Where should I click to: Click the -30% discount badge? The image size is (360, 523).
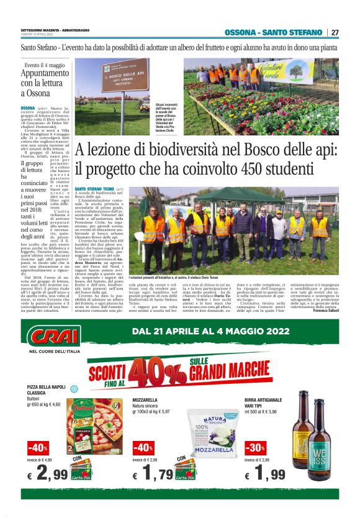point(254,447)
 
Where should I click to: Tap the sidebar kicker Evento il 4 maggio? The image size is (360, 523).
point(45,65)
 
